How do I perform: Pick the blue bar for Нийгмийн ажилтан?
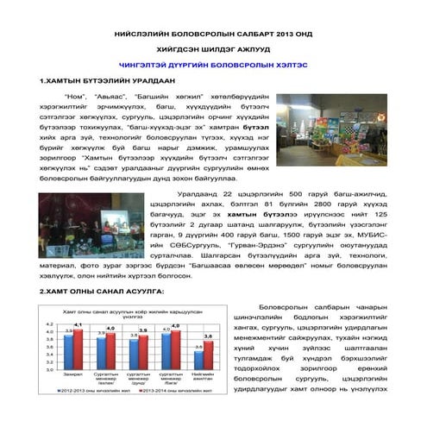point(199,358)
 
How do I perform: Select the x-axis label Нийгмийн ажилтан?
point(204,378)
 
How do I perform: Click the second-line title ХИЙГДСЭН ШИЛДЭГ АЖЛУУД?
point(213,48)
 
